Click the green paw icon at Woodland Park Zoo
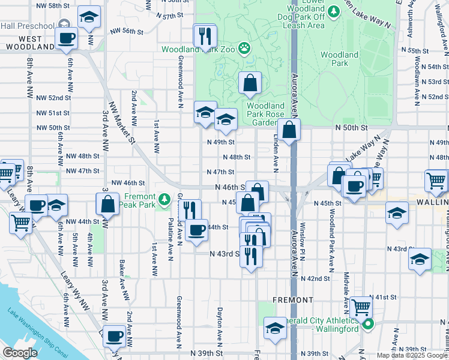click(x=244, y=47)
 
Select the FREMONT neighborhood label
click(x=292, y=299)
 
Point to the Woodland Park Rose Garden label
click(x=261, y=114)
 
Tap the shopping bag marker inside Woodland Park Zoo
click(x=250, y=83)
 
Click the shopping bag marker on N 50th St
click(x=289, y=130)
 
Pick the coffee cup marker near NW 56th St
click(x=66, y=38)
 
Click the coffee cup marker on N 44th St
click(x=196, y=230)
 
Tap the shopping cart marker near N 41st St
click(x=361, y=308)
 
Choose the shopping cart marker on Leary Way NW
click(x=21, y=223)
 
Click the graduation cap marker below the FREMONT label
click(x=275, y=329)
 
